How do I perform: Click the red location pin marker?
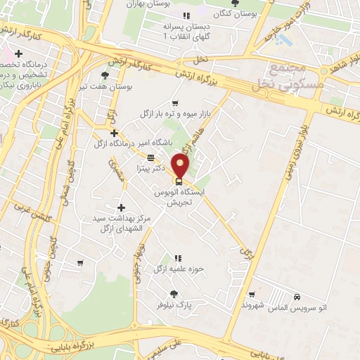[181, 166]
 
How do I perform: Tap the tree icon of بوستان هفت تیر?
[105, 75]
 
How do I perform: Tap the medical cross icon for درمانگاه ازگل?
[114, 132]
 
